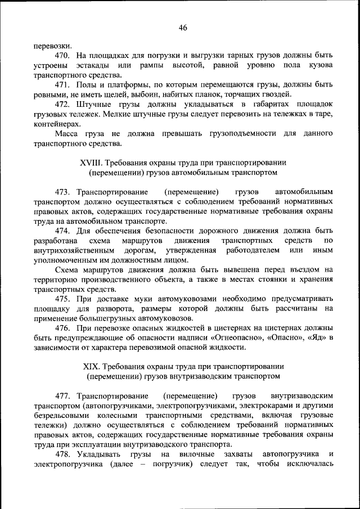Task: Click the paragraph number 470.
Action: [x=62, y=56]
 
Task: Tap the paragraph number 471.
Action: [x=62, y=84]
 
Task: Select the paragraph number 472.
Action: [x=62, y=105]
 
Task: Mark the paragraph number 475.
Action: [x=62, y=298]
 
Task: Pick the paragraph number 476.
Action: [x=62, y=327]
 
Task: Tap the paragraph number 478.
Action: [x=62, y=453]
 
